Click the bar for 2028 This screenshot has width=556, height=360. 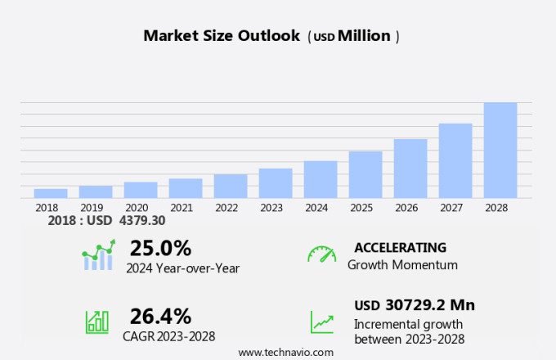pos(500,150)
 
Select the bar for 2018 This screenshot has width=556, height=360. pos(51,193)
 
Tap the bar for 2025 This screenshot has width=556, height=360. pos(365,174)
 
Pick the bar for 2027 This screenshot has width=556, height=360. pos(455,160)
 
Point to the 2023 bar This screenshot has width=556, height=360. pos(276,182)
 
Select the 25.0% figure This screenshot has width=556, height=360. pos(160,248)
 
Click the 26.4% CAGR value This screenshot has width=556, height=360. pos(160,316)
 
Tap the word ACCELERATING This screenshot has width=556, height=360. pos(400,248)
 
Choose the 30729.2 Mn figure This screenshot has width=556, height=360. pos(428,305)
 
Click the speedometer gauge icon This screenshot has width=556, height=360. pos(321,254)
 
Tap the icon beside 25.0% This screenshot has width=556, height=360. pos(98,255)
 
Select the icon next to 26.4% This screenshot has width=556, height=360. pos(97,321)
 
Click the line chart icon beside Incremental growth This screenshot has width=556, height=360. pos(321,322)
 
